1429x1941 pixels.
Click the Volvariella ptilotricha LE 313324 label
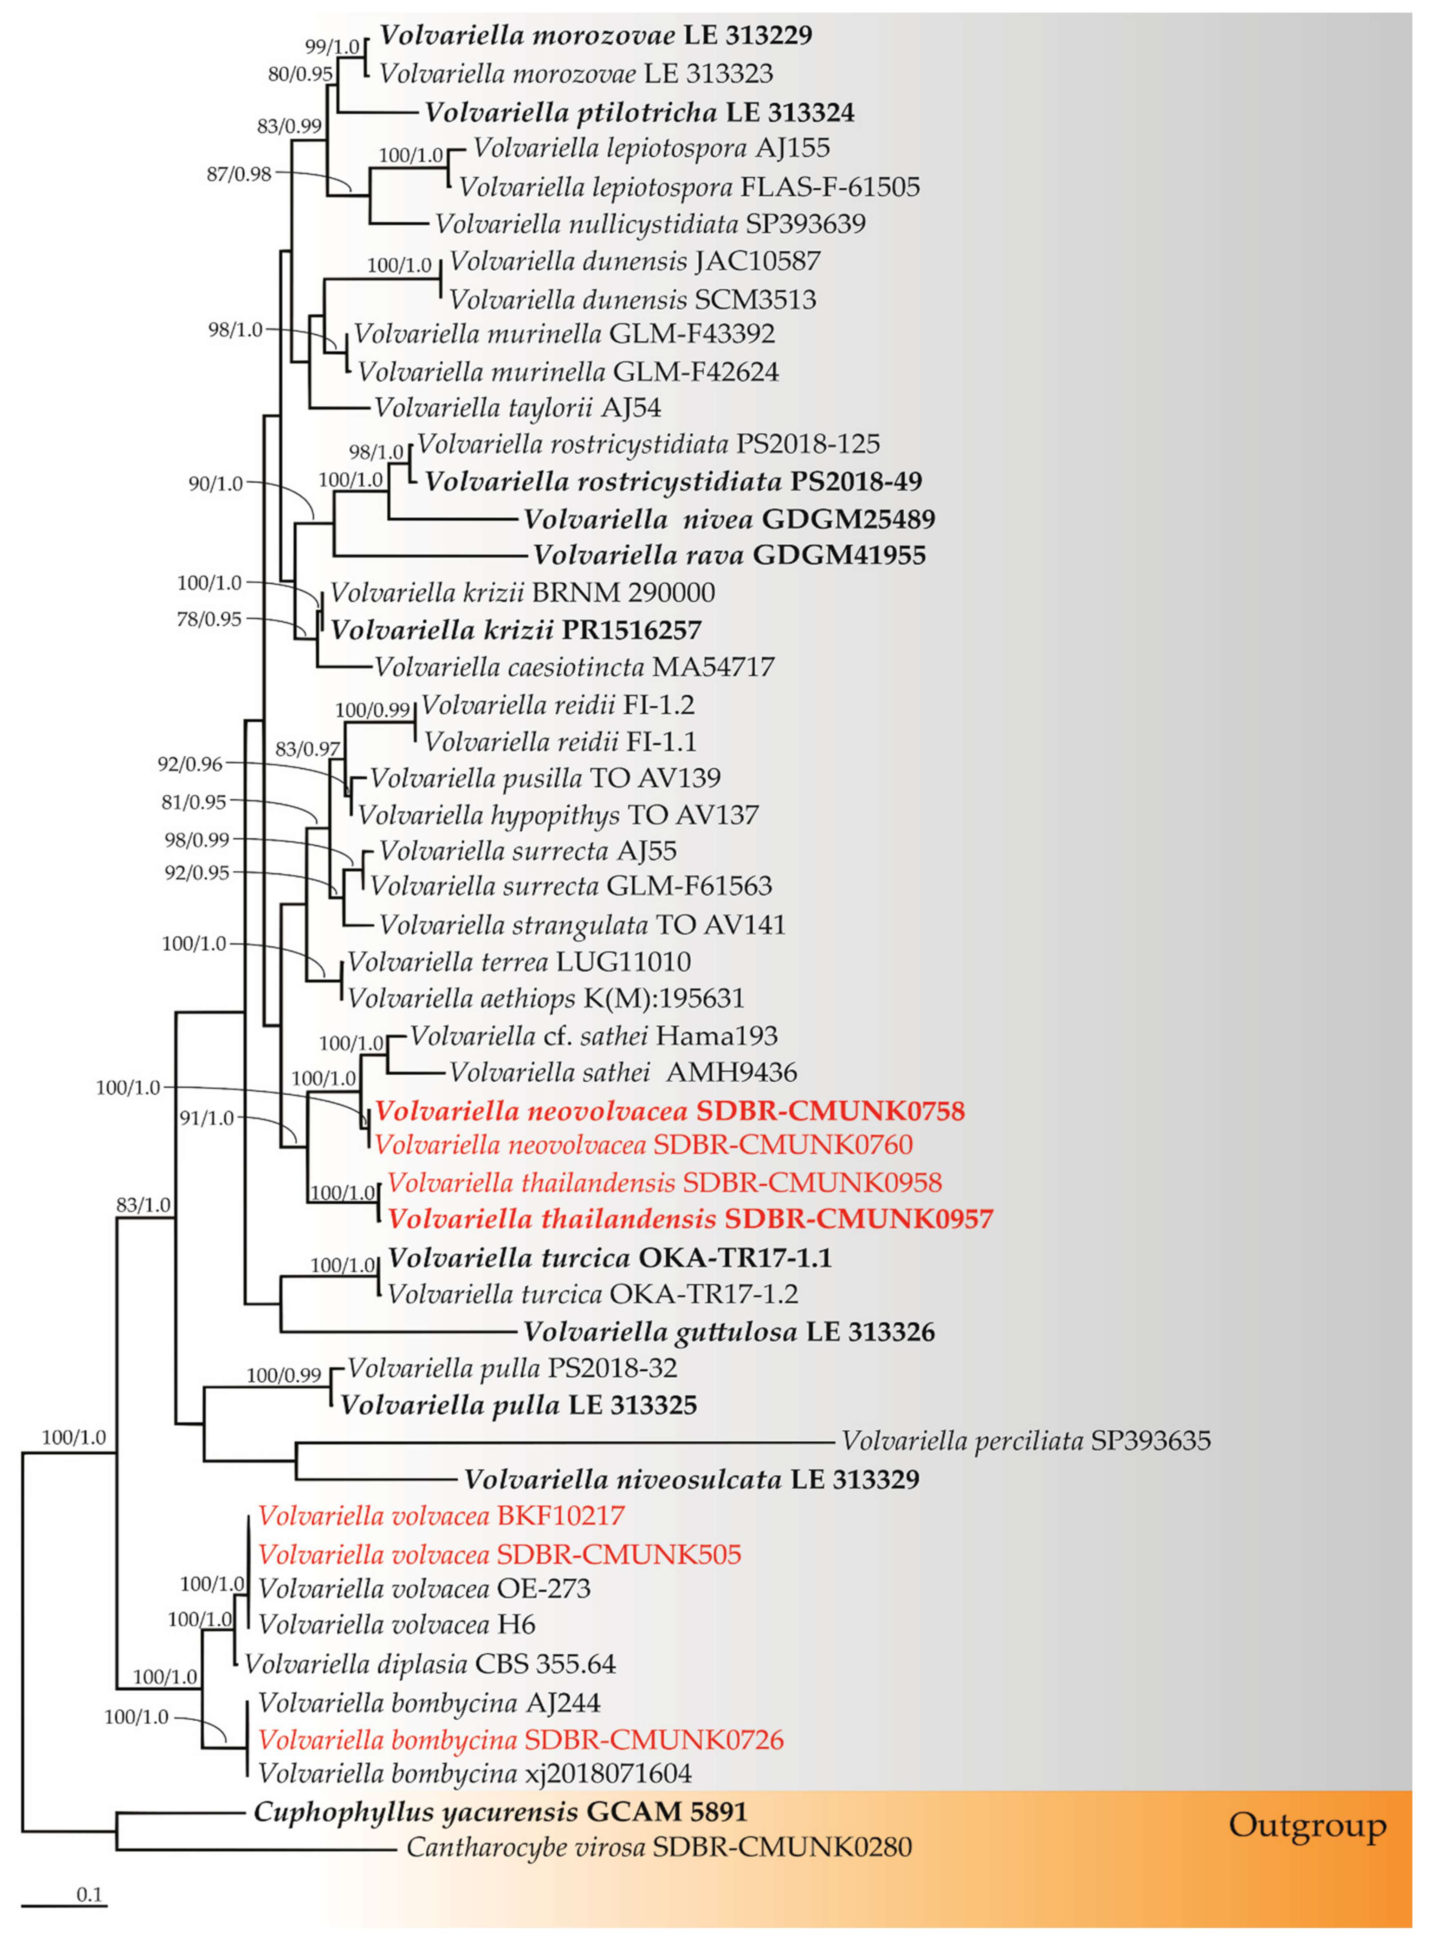639,113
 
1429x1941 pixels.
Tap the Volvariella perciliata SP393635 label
1026,1440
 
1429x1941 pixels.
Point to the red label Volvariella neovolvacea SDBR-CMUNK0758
669,1111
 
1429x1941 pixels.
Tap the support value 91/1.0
207,1118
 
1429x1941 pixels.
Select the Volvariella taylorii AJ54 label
517,407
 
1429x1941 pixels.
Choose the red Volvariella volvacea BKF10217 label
441,1515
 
